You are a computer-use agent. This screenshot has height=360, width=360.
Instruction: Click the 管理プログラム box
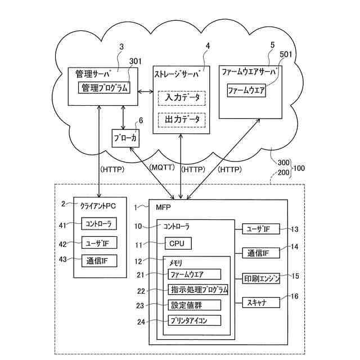pyautogui.click(x=105, y=88)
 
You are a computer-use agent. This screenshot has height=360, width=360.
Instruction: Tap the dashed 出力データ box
pyautogui.click(x=182, y=119)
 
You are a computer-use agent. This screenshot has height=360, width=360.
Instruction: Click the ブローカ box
pyautogui.click(x=124, y=138)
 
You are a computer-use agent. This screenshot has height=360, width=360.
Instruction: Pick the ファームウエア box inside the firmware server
pyautogui.click(x=246, y=90)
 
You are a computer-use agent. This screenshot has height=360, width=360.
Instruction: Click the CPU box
pyautogui.click(x=178, y=244)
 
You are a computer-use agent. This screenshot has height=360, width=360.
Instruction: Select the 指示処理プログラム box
pyautogui.click(x=197, y=290)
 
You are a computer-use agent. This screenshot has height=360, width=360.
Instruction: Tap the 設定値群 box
pyautogui.click(x=194, y=305)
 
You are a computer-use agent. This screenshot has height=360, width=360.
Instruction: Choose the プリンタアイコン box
pyautogui.click(x=194, y=320)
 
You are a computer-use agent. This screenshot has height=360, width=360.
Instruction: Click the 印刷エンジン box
pyautogui.click(x=262, y=278)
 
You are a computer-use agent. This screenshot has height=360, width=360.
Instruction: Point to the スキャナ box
pyautogui.click(x=262, y=303)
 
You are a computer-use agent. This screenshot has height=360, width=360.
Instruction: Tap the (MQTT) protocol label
pyautogui.click(x=163, y=168)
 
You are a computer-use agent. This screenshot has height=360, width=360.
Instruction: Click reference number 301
pyautogui.click(x=136, y=62)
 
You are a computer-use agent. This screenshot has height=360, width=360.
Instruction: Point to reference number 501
pyautogui.click(x=285, y=55)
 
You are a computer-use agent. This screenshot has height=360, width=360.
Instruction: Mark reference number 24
pyautogui.click(x=141, y=322)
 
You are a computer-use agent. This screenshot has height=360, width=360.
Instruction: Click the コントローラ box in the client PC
pyautogui.click(x=98, y=224)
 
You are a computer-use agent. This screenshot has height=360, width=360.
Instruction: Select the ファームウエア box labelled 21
pyautogui.click(x=194, y=274)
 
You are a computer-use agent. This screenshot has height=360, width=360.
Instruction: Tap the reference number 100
pyautogui.click(x=300, y=168)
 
